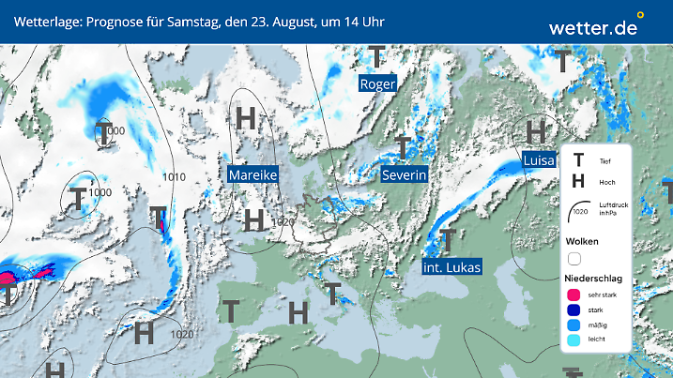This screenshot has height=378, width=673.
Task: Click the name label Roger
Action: click(x=378, y=84)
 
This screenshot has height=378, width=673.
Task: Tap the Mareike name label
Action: click(x=253, y=174)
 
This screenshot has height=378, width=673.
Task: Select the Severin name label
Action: click(x=405, y=174)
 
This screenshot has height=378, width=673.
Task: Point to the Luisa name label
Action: click(x=539, y=160)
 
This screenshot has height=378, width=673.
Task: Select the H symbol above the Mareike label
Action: click(x=247, y=118)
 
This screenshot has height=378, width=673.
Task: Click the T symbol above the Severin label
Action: click(x=404, y=146)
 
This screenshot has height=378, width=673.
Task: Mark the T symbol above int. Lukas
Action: click(x=448, y=239)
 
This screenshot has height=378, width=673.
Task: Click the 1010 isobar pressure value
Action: click(x=174, y=176)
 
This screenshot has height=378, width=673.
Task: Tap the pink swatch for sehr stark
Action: click(x=574, y=295)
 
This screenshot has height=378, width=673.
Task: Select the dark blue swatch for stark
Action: click(x=574, y=310)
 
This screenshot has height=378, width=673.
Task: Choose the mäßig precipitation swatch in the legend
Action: click(x=574, y=326)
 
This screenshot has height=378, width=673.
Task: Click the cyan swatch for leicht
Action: click(x=574, y=342)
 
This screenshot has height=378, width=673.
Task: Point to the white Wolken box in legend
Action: click(x=574, y=258)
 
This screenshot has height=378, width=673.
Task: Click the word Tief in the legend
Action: click(x=604, y=160)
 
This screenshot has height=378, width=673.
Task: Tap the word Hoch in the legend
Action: click(x=606, y=182)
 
